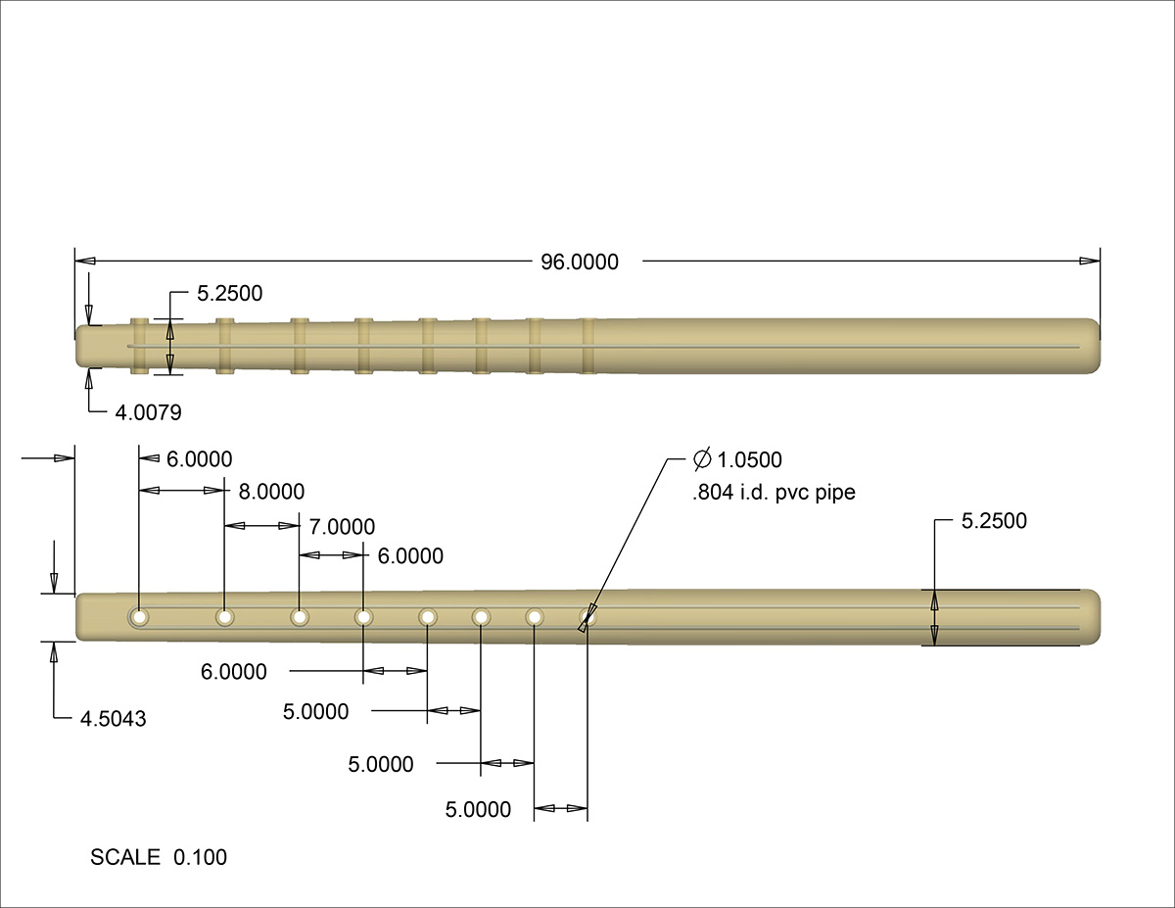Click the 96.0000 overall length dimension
(x=581, y=262)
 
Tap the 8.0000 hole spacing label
(x=271, y=491)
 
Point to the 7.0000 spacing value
(x=342, y=527)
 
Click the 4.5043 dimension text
(x=114, y=719)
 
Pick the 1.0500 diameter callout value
(x=750, y=460)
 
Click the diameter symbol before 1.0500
(x=702, y=459)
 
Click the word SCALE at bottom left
(x=125, y=858)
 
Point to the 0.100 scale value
(x=200, y=858)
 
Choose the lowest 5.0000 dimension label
(x=478, y=809)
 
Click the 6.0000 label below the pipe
(x=234, y=672)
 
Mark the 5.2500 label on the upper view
(x=230, y=293)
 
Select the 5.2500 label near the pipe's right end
(x=994, y=521)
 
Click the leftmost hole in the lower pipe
(x=140, y=617)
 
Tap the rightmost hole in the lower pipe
(x=587, y=617)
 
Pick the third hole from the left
(x=299, y=617)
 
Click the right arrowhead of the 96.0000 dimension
(x=1090, y=262)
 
